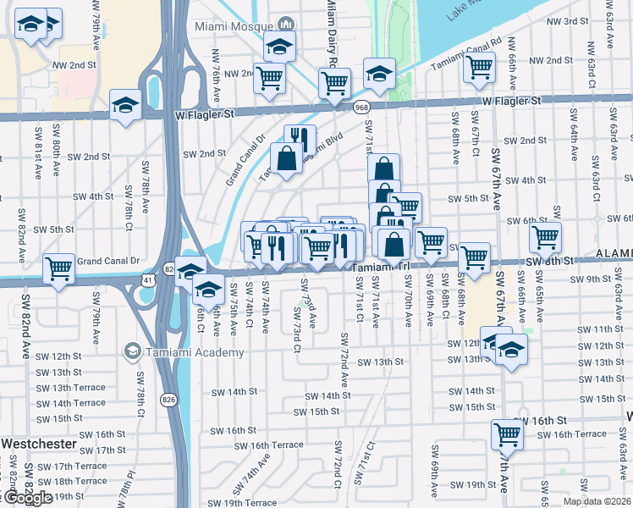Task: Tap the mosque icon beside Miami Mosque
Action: point(286,25)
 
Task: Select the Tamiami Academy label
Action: point(179,351)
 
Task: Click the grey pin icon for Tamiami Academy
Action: point(133,351)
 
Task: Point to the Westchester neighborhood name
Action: point(38,444)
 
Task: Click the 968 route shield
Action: point(362,107)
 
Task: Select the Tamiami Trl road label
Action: point(381,266)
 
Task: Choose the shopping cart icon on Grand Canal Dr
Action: point(58,268)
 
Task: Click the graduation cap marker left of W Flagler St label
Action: point(126,105)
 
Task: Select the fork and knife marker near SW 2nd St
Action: point(300,138)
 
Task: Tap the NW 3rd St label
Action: point(568,20)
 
